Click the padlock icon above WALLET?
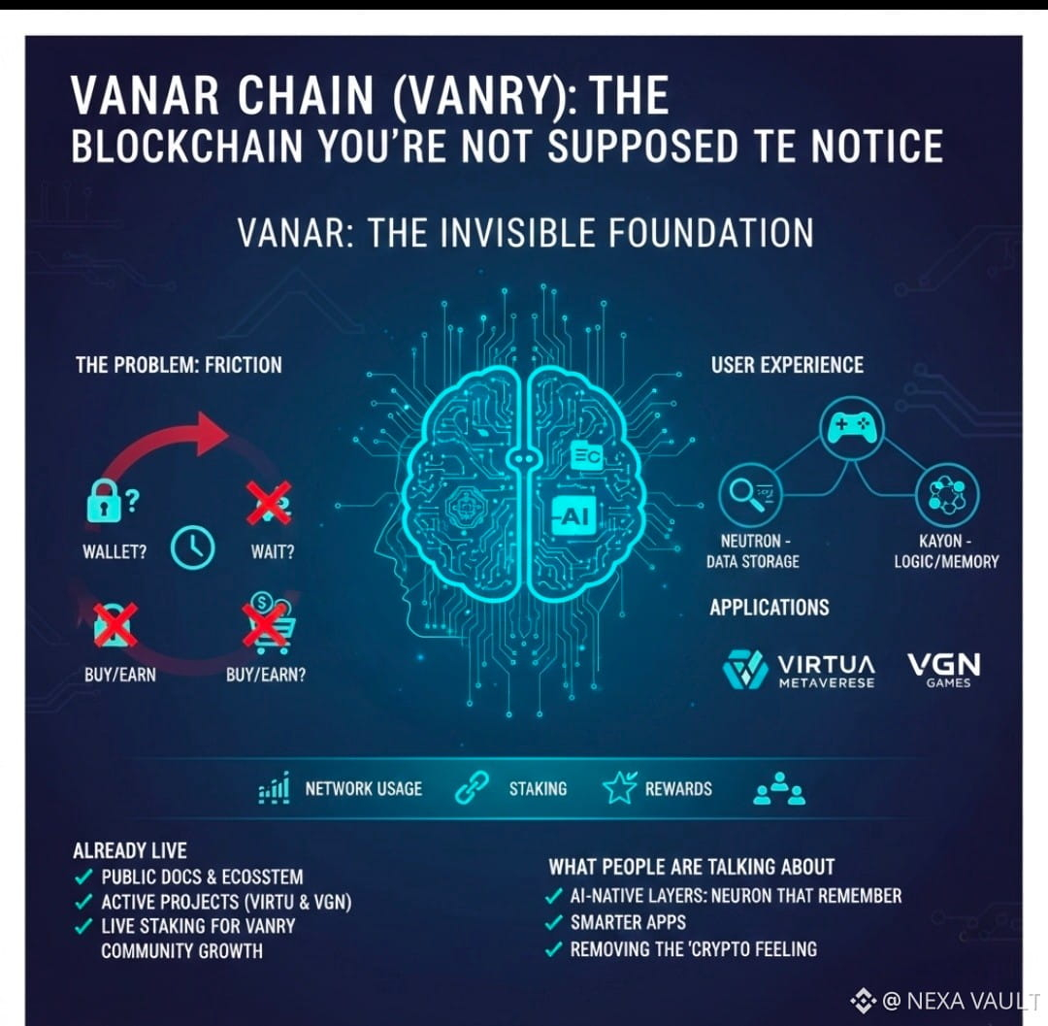click(105, 503)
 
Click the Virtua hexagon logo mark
click(745, 670)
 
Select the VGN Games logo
click(943, 668)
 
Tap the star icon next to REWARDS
click(619, 788)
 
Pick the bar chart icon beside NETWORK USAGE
click(274, 788)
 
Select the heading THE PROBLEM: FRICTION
click(179, 366)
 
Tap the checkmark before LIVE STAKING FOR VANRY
click(84, 925)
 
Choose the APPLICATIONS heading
click(770, 608)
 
